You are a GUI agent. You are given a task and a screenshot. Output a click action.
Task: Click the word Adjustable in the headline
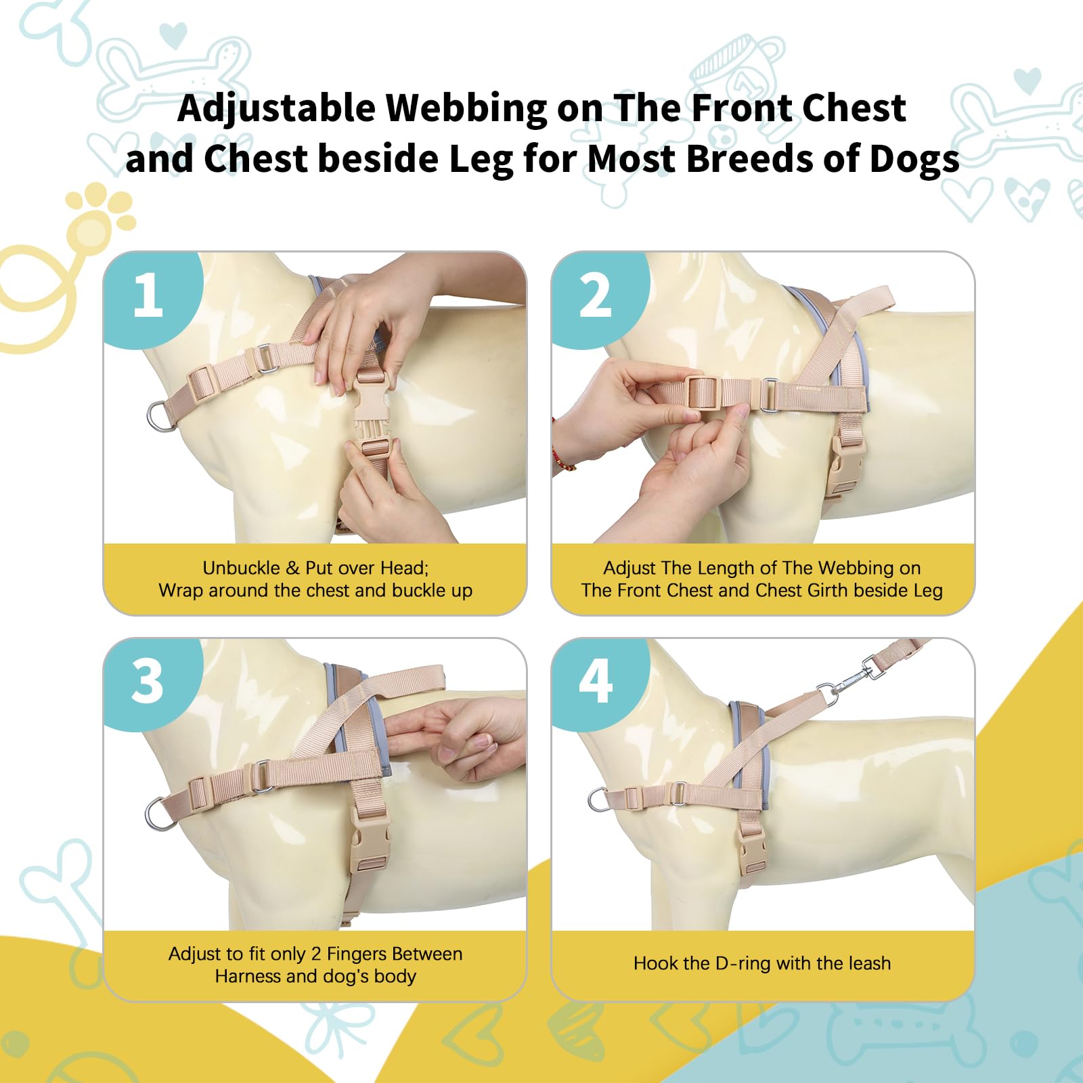point(276,109)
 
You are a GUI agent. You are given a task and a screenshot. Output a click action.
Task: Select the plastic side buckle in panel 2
point(846,465)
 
